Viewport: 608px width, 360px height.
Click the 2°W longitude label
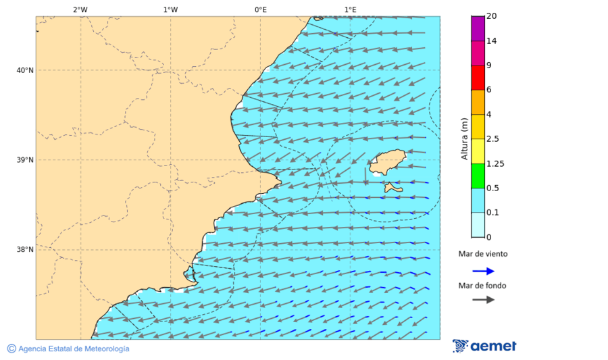tap(80, 9)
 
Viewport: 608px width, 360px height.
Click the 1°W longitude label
tap(170, 9)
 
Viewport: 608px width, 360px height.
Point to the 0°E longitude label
tap(260, 9)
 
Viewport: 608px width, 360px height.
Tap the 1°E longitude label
tap(351, 9)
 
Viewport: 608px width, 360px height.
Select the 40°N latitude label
tap(25, 70)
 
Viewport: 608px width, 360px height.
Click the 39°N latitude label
tap(25, 160)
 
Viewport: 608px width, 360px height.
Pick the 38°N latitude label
tap(25, 250)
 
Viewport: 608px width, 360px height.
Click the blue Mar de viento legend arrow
tap(483, 271)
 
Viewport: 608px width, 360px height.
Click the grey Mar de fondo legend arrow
tap(483, 300)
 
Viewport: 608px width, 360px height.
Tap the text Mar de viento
tap(482, 255)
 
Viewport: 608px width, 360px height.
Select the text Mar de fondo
tap(482, 285)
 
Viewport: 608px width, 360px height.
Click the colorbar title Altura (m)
tap(464, 138)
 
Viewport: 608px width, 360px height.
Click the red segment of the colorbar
tap(478, 78)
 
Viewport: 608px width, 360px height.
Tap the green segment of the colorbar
tap(478, 176)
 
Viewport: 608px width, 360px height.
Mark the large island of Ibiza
tap(386, 162)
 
